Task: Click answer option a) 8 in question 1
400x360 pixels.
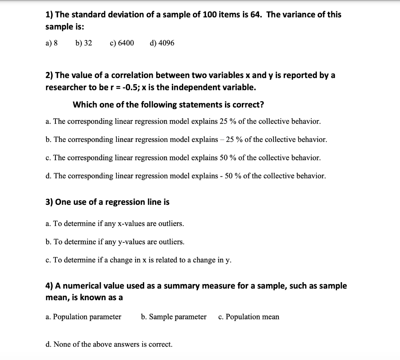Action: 52,43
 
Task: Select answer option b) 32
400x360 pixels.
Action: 84,43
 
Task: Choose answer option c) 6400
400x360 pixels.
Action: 122,43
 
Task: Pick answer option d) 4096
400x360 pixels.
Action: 162,43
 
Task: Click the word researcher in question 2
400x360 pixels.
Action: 65,87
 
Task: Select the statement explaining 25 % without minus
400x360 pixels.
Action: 183,121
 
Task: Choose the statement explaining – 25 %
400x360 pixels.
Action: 186,140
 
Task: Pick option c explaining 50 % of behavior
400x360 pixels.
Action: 183,158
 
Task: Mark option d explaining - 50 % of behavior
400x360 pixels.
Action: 186,176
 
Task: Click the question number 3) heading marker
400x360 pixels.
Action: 50,202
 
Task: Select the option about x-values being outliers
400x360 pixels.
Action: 114,224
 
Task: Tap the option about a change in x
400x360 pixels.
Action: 138,260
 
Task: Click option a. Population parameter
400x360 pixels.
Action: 83,317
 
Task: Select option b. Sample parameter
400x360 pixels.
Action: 173,317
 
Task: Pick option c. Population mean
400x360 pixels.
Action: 249,317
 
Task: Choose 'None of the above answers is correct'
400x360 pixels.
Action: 109,344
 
